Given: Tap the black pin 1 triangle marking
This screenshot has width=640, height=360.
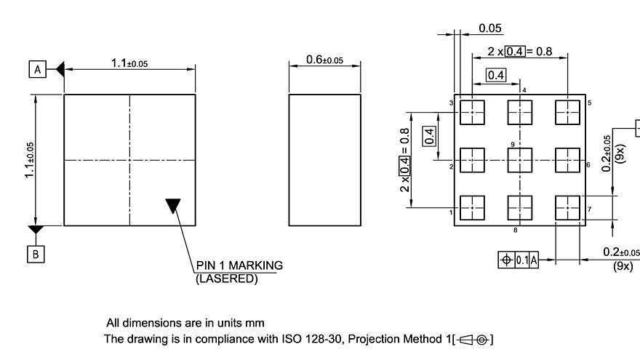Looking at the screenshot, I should [x=172, y=205].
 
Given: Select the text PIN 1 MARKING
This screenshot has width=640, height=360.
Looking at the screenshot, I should [x=239, y=265].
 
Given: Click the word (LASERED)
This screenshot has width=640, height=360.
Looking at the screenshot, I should [x=226, y=278].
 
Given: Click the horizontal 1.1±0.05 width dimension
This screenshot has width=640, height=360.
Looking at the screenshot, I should [x=129, y=63].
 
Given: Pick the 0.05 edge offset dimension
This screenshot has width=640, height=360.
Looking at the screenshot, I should [x=490, y=29].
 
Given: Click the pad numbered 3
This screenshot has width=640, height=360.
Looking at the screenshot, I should [x=473, y=113].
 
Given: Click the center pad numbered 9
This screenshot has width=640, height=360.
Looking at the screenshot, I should [x=520, y=160].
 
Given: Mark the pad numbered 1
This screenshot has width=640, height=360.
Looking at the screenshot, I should [x=473, y=207].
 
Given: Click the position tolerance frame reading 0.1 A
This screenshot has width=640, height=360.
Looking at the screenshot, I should [x=518, y=260].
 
